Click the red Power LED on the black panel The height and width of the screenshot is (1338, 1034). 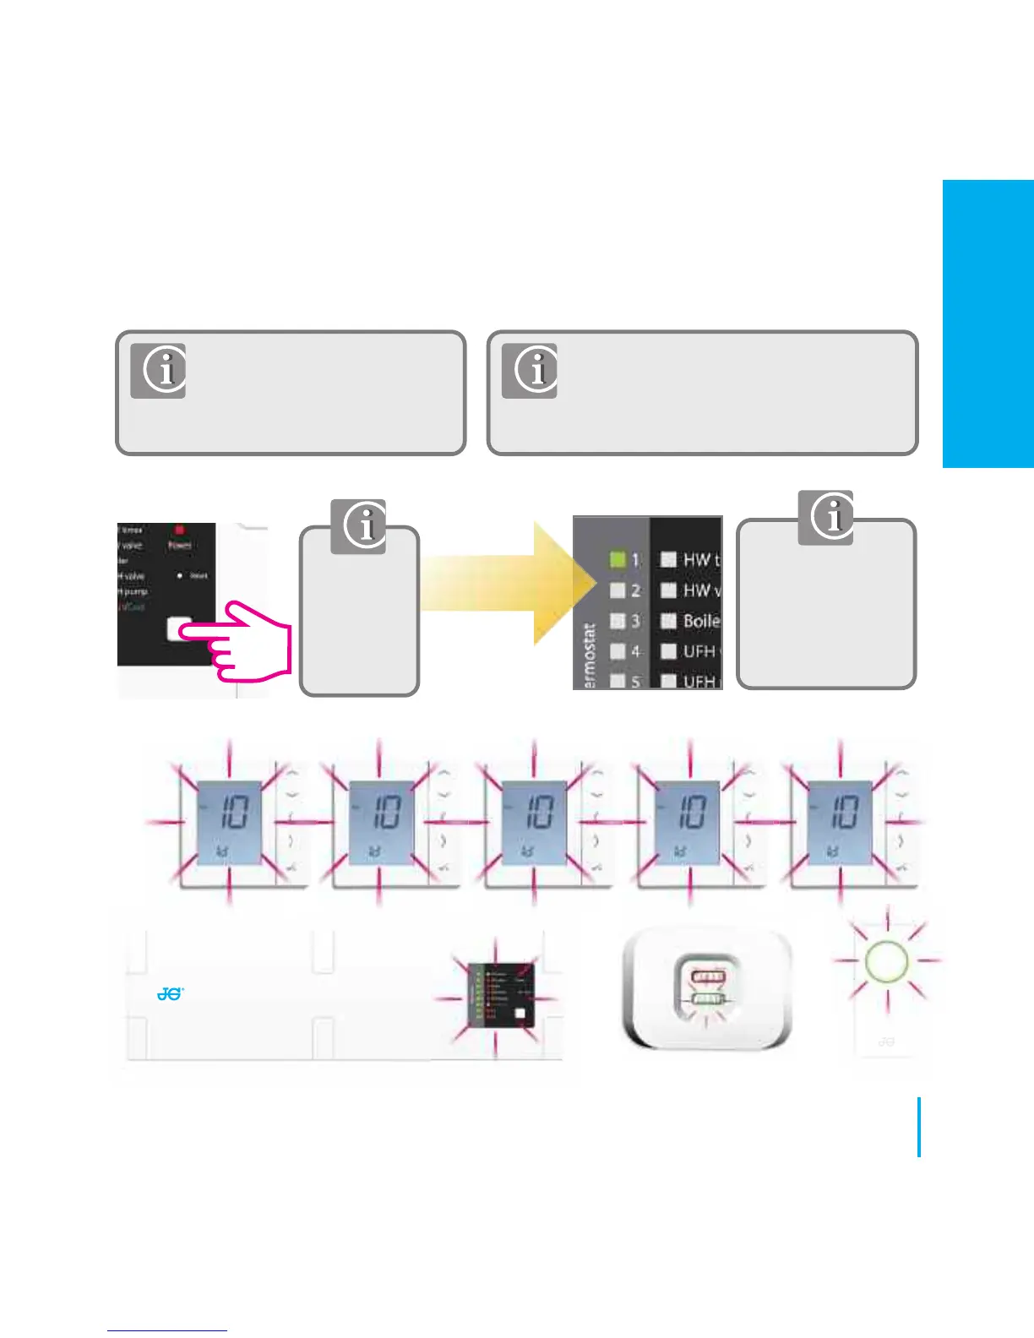coord(179,530)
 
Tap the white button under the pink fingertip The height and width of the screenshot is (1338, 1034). coord(179,628)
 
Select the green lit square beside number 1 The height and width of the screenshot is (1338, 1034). coord(618,559)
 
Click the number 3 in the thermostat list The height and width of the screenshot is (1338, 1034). coord(635,621)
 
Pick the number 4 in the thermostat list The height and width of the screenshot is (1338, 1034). coord(635,651)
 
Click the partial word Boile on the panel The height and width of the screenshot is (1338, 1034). coord(701,621)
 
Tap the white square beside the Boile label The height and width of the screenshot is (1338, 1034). coord(668,621)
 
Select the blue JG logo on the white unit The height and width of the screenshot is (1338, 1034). coord(170,994)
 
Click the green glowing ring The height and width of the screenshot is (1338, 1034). coord(886,960)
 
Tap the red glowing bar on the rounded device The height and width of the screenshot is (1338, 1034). coord(708,978)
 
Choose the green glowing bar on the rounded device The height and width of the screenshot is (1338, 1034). coord(708,999)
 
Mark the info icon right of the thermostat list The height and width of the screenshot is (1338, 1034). coord(825,517)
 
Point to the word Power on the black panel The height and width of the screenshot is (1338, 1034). coord(179,546)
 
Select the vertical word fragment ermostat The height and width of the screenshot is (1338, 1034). coord(590,655)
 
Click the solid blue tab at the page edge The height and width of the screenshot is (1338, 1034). coord(988,324)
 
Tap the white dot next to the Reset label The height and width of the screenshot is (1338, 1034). coord(180,576)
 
